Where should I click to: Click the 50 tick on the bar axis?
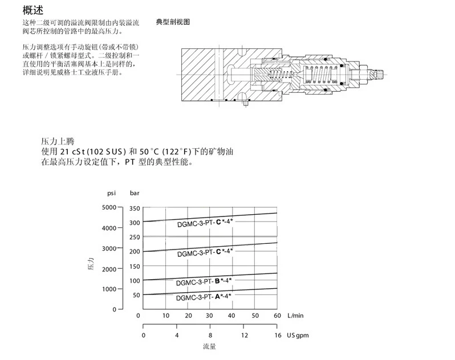pyautogui.click(x=136, y=294)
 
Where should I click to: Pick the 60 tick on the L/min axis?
pyautogui.click(x=278, y=316)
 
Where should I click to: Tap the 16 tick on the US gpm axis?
pyautogui.click(x=278, y=334)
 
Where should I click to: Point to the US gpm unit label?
pyautogui.click(x=298, y=334)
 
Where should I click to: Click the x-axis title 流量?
pyautogui.click(x=209, y=346)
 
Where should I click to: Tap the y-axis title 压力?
pyautogui.click(x=91, y=264)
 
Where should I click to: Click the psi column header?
pyautogui.click(x=112, y=194)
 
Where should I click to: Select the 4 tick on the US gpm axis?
pyautogui.click(x=177, y=334)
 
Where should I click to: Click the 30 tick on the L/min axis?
pyautogui.click(x=209, y=316)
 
